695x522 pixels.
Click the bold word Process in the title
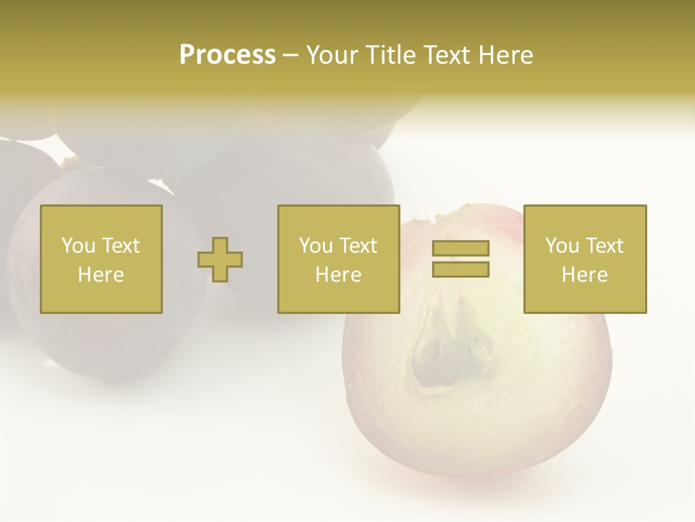227,55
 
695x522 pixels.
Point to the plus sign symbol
220,260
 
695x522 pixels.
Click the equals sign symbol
460,259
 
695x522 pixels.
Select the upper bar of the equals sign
460,249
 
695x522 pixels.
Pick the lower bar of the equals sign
460,269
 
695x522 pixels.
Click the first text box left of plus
101,259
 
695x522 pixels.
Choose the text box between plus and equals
339,259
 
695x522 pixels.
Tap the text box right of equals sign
585,259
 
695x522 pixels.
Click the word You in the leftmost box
78,246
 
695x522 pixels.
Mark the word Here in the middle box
339,275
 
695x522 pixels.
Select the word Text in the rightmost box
603,246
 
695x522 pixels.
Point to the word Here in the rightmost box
585,275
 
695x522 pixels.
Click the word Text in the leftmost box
119,246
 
